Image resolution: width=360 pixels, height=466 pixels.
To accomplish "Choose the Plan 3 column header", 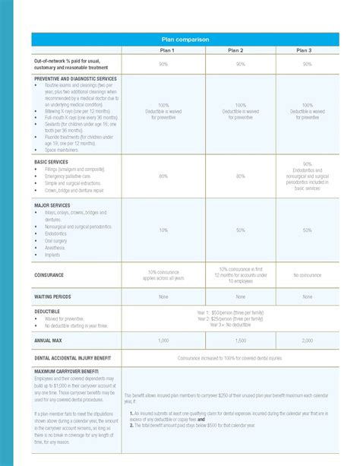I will tap(307, 49).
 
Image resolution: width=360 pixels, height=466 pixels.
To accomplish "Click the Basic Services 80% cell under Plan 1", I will tap(163, 176).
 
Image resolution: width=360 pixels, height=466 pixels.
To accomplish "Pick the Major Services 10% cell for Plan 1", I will tap(163, 230).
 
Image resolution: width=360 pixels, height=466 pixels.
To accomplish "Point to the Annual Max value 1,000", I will tap(163, 341).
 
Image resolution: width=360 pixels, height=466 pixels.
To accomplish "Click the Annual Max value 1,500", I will tap(241, 341).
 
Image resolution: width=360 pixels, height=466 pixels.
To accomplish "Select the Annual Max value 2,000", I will tap(307, 341).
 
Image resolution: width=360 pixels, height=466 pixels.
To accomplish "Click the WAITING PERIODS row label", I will tap(52, 296).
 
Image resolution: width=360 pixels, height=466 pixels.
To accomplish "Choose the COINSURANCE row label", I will tap(48, 274).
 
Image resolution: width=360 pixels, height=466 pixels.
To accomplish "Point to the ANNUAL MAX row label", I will tap(48, 341).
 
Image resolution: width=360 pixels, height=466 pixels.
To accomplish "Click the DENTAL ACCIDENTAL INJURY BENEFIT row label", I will tap(73, 357).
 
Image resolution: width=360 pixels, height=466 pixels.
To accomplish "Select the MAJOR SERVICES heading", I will tap(52, 205).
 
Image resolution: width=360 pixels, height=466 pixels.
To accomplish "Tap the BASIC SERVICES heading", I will tap(52, 162).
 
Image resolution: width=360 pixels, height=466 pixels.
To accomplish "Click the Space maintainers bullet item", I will tap(62, 149).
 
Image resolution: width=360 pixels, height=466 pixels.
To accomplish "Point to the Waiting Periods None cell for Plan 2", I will tap(241, 296).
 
